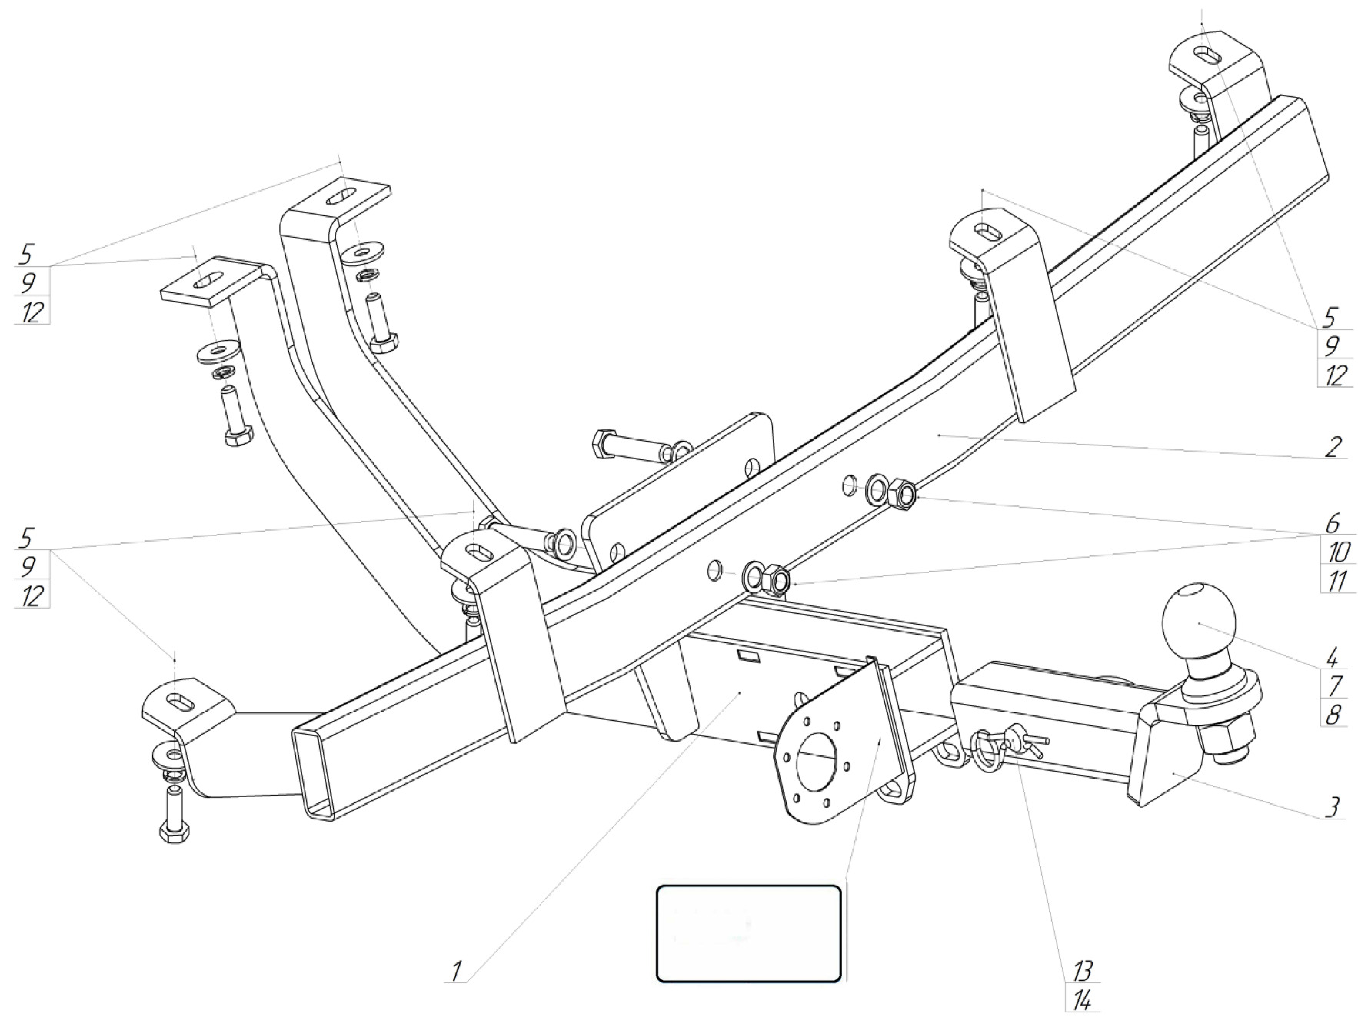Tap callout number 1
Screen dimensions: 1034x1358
tap(456, 971)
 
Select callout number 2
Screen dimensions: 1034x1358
tap(1333, 447)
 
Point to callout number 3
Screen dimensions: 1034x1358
tap(1333, 807)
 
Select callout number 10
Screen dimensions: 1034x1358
tap(1336, 552)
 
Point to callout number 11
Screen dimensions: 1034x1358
tap(1336, 580)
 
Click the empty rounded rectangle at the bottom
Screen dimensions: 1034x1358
tap(748, 933)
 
